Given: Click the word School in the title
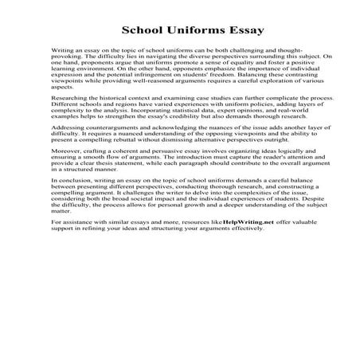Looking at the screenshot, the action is tap(143, 31).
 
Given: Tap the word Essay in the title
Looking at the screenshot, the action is tap(221, 31).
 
